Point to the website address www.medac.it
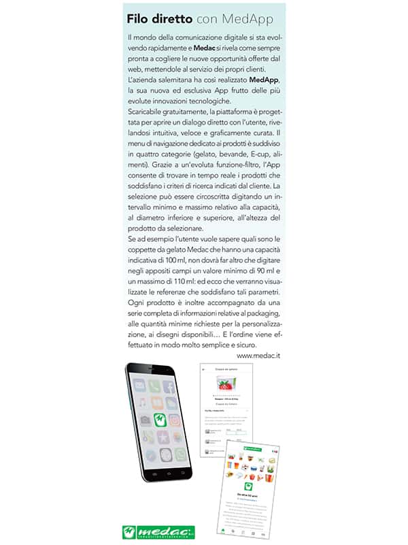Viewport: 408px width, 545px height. point(259,355)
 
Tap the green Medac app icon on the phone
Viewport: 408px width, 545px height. point(159,419)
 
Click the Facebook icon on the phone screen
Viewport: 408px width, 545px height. point(169,387)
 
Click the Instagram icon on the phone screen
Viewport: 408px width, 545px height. point(175,420)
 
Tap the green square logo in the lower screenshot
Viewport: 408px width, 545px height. point(246,485)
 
